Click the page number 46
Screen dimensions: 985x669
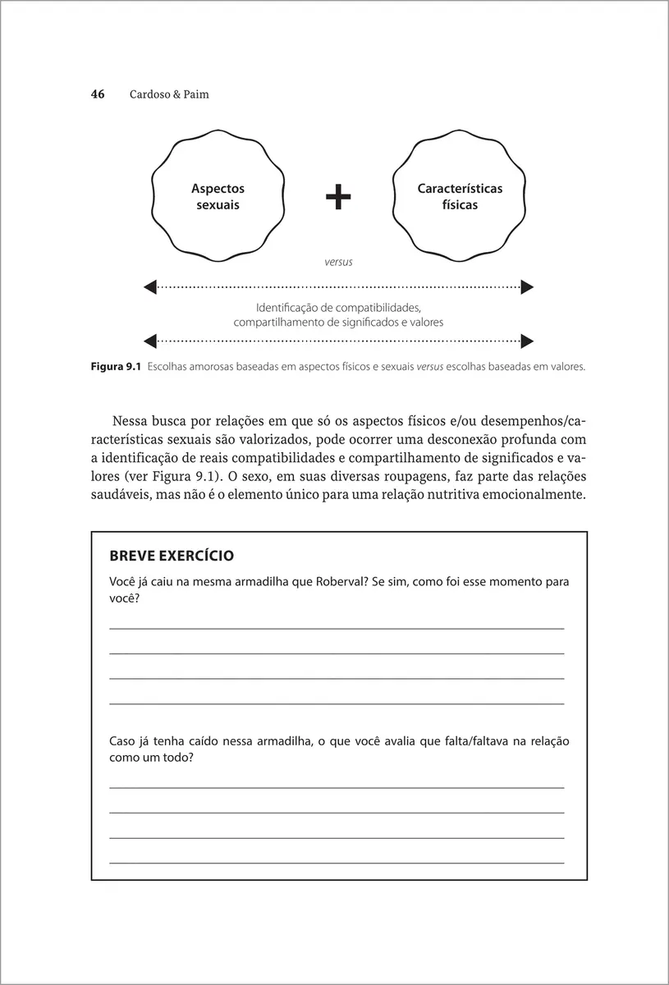point(98,94)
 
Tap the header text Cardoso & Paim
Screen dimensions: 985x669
point(169,94)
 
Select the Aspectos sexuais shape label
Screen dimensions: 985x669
point(218,197)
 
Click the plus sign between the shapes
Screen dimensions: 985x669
point(338,197)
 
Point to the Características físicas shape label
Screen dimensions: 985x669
point(460,197)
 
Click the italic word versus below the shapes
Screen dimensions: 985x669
point(338,262)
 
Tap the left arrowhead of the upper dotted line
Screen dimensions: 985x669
point(150,286)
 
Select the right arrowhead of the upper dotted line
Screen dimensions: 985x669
point(527,286)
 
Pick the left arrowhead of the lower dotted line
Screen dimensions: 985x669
point(150,339)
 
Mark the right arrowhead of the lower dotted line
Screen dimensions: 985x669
point(527,339)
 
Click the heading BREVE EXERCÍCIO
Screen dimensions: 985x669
point(171,556)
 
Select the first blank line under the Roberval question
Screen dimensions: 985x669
point(337,628)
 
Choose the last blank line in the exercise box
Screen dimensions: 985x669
point(337,863)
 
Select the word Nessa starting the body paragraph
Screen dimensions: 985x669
point(129,422)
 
